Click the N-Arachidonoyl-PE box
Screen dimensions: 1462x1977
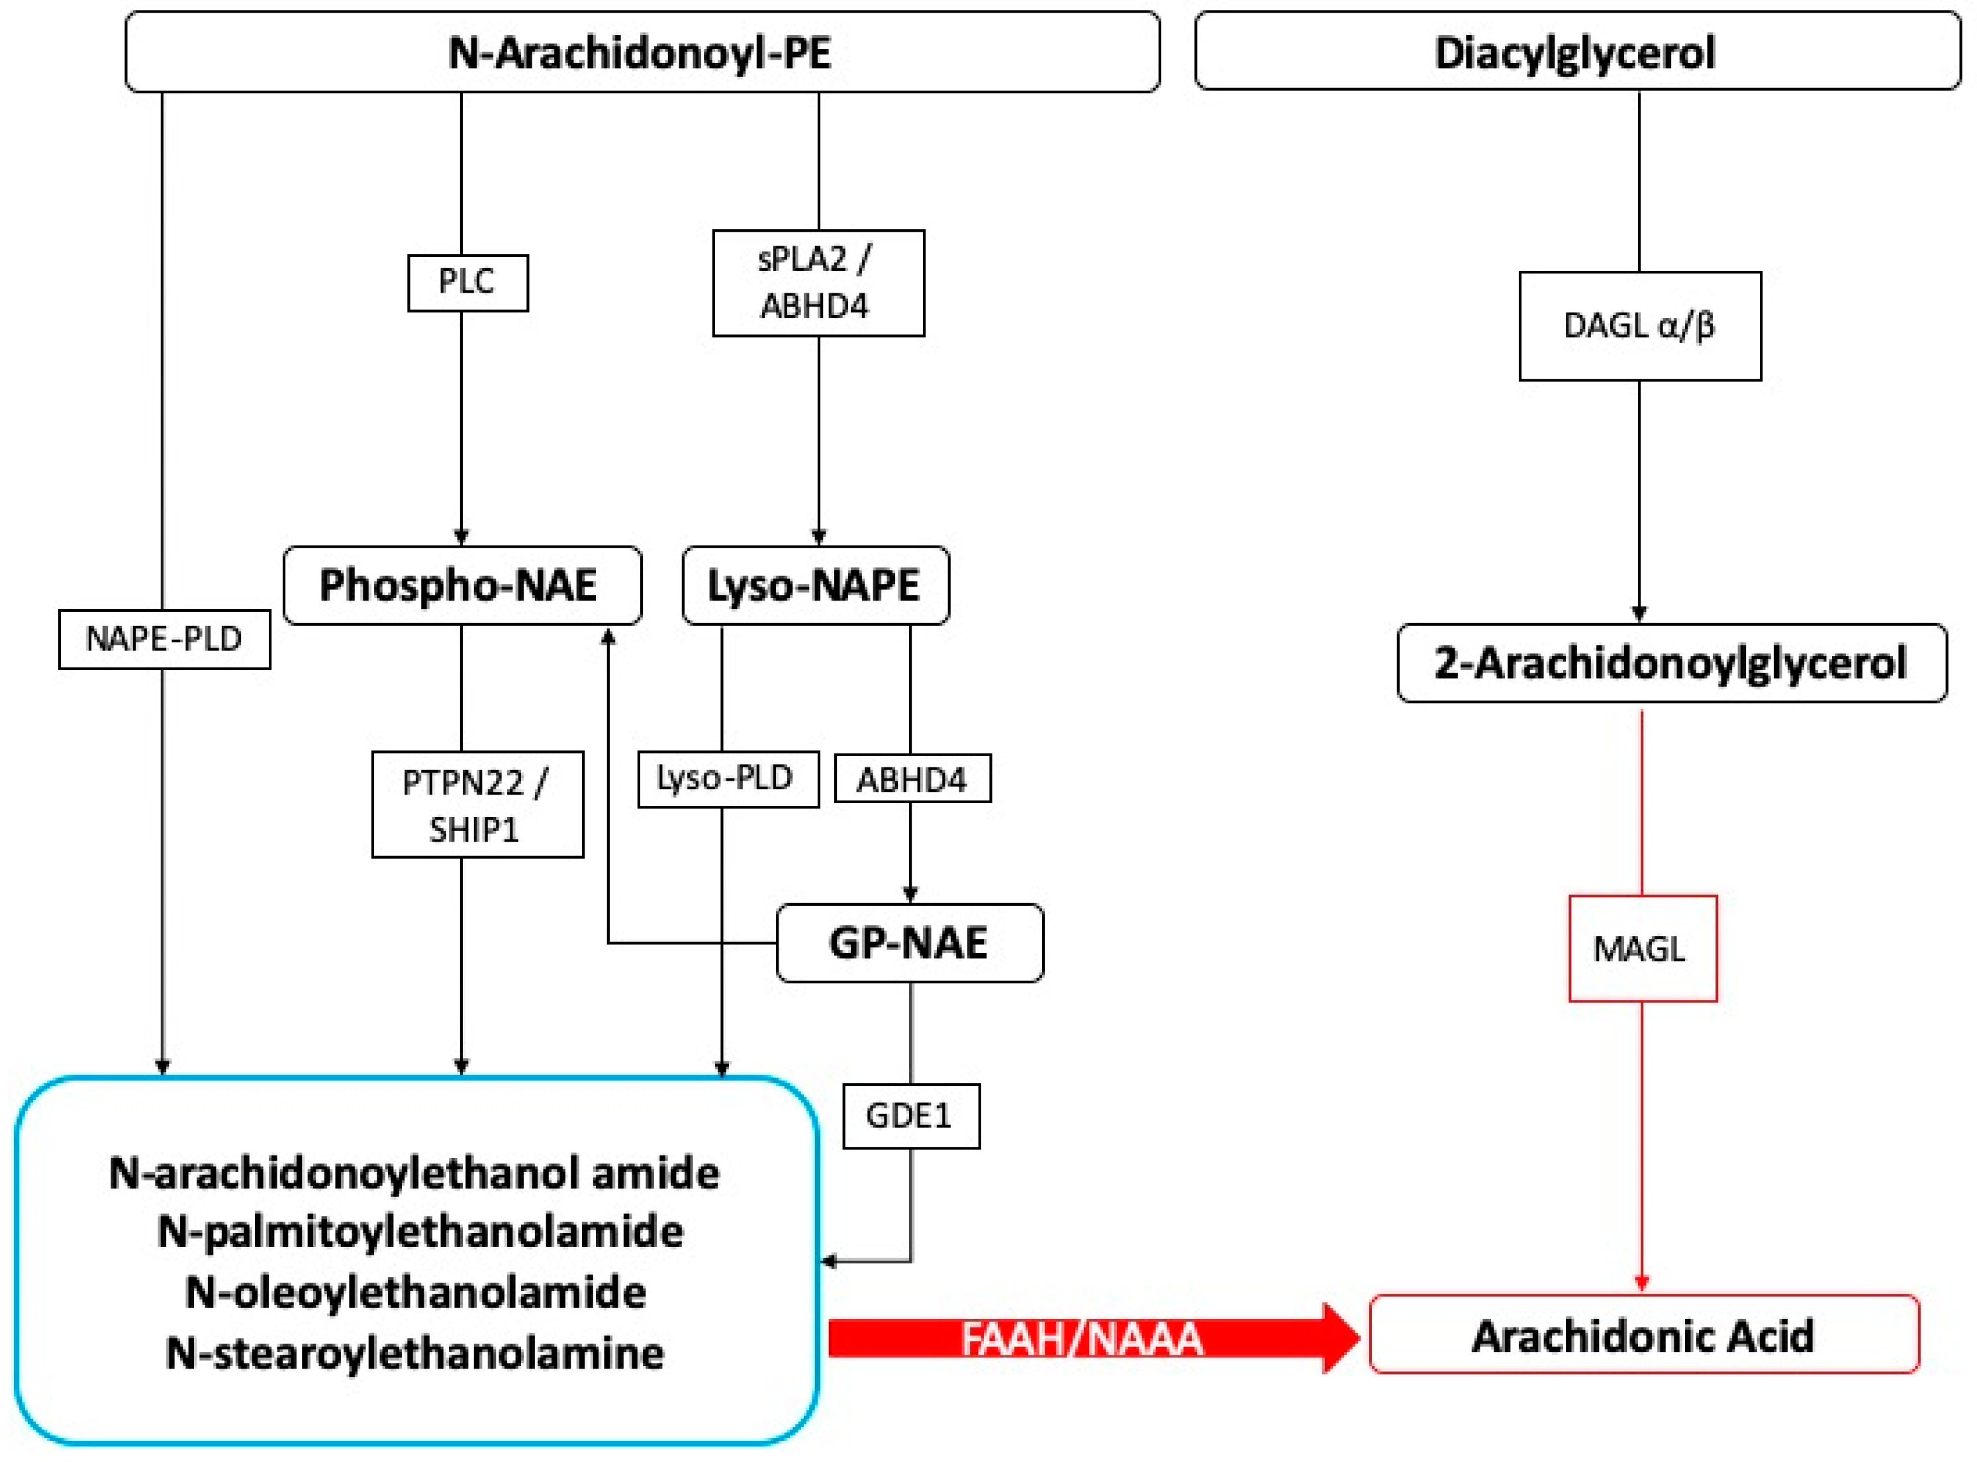[x=642, y=52]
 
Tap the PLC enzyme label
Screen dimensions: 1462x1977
[x=467, y=282]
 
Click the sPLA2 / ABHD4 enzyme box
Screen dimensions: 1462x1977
[x=818, y=282]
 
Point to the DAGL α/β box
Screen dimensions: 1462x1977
[x=1639, y=326]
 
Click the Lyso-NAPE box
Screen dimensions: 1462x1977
[x=815, y=585]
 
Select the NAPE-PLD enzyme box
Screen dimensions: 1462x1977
[x=164, y=638]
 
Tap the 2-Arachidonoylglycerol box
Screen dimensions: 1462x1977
[x=1671, y=663]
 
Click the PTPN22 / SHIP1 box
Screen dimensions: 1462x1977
[x=477, y=804]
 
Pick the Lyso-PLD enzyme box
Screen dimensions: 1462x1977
[x=728, y=778]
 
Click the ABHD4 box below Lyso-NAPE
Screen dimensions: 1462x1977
[x=912, y=779]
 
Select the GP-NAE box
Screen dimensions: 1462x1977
[x=909, y=942]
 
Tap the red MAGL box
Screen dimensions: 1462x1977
[x=1641, y=949]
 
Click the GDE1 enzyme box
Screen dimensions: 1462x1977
[x=910, y=1115]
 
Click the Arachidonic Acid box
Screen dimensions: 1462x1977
[x=1643, y=1336]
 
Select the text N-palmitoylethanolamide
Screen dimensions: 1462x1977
[x=420, y=1231]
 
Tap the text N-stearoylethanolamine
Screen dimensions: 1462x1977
[x=415, y=1352]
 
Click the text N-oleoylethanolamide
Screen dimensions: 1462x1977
[x=416, y=1292]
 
